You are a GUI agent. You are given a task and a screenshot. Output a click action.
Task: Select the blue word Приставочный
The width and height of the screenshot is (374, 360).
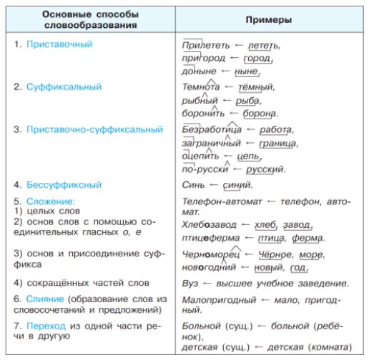click(x=54, y=44)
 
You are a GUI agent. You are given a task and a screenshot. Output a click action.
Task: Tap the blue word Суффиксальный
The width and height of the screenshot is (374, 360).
click(x=57, y=86)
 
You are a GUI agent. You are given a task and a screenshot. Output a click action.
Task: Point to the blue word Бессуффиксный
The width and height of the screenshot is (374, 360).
click(x=58, y=183)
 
